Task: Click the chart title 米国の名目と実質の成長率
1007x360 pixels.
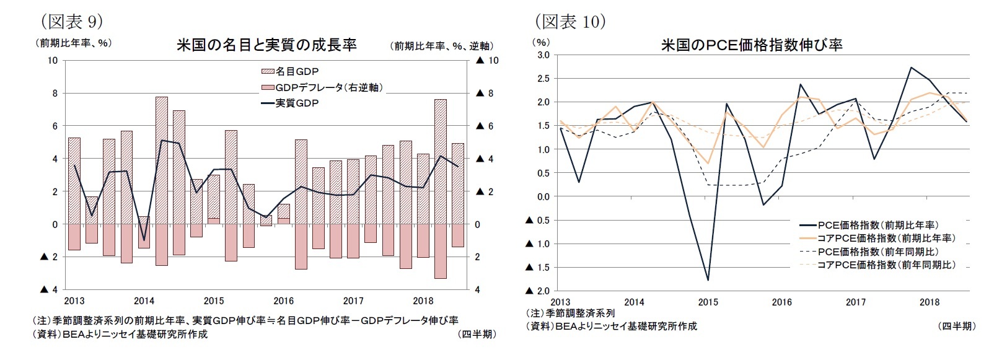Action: pyautogui.click(x=266, y=45)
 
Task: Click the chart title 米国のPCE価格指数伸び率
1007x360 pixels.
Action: pyautogui.click(x=751, y=45)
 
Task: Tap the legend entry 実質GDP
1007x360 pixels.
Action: pyautogui.click(x=296, y=103)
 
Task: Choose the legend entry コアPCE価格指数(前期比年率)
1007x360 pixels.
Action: pyautogui.click(x=886, y=238)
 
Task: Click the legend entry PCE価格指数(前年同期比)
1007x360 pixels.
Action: pyautogui.click(x=877, y=252)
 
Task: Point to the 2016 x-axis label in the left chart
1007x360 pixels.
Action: pyautogui.click(x=284, y=301)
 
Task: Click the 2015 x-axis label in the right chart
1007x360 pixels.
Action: pyautogui.click(x=708, y=302)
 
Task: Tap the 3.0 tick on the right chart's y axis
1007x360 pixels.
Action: pyautogui.click(x=543, y=55)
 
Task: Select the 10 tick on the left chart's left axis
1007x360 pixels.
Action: pyautogui.click(x=53, y=61)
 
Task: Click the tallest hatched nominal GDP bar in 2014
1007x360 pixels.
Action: pyautogui.click(x=162, y=160)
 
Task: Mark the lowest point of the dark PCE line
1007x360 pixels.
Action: pyautogui.click(x=708, y=280)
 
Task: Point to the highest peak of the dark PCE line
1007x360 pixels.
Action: pyautogui.click(x=911, y=68)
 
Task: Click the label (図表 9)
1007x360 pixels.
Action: pyautogui.click(x=71, y=22)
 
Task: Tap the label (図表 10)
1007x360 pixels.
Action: pyautogui.click(x=570, y=22)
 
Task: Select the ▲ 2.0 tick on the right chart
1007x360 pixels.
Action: pyautogui.click(x=538, y=291)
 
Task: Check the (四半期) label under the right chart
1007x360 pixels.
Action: pyautogui.click(x=956, y=326)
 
